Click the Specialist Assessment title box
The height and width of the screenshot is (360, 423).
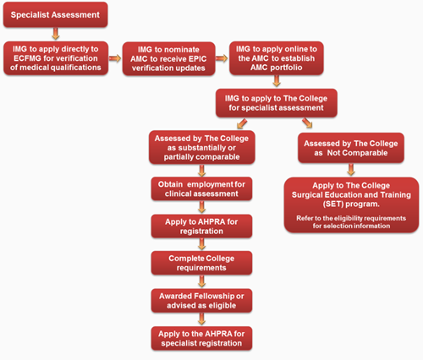coord(55,14)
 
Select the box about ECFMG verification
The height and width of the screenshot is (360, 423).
coord(56,58)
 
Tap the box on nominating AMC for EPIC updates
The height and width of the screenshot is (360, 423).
coord(168,58)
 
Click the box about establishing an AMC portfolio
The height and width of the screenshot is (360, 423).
coord(277,58)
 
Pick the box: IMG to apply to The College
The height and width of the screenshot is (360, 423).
coord(277,103)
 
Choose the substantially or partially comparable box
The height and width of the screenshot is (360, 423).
coord(202,147)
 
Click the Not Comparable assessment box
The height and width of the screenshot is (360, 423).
coord(351,148)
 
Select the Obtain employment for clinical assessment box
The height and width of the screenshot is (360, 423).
coord(201,188)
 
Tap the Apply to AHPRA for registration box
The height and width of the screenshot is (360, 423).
coord(201,226)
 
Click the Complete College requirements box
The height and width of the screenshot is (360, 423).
coord(201,263)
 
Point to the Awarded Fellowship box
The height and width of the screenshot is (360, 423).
coord(201,301)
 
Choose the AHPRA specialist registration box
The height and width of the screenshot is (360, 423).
coord(201,338)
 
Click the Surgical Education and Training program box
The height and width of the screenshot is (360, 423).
coord(351,205)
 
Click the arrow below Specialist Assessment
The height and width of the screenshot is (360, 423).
coord(56,34)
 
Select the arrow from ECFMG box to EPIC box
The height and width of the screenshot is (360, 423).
coord(115,58)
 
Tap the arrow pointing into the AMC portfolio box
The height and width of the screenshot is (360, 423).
coord(222,58)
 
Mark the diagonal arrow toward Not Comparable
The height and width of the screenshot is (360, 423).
coord(307,123)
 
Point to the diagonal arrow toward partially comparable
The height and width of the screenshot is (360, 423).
coord(242,123)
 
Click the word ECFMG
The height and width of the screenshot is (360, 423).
coord(27,58)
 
